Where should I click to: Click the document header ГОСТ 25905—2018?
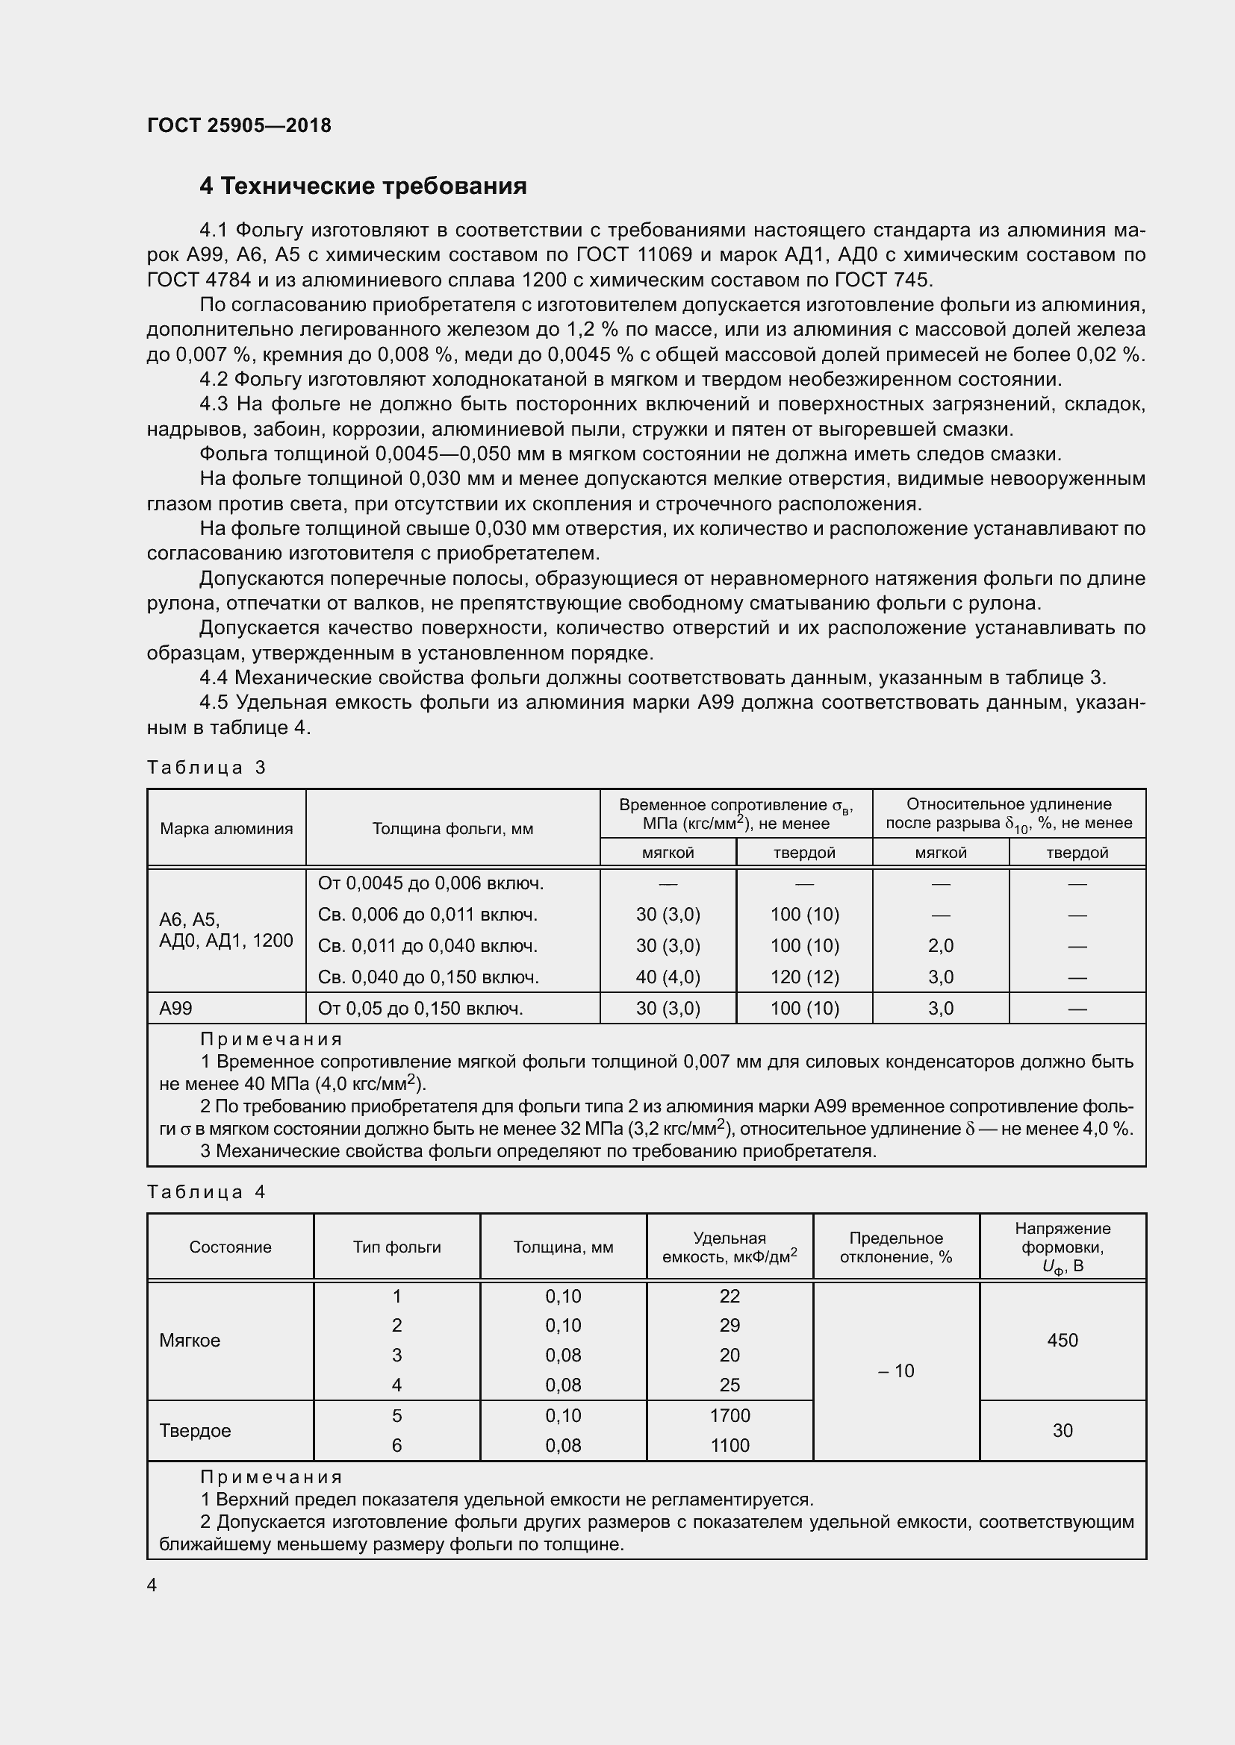[x=239, y=125]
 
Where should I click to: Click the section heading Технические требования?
[x=363, y=187]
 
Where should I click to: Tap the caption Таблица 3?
[x=206, y=767]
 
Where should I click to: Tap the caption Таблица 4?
[x=206, y=1191]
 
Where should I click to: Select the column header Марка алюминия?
[x=225, y=828]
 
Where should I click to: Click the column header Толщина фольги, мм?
[x=452, y=828]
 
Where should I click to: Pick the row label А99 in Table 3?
[x=175, y=1008]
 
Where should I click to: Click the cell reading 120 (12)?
[x=804, y=977]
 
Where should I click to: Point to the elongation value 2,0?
[x=940, y=945]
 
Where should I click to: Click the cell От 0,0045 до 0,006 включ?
[x=430, y=883]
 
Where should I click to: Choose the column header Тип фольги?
[x=396, y=1247]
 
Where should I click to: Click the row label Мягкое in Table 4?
[x=190, y=1340]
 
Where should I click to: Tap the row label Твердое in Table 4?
[x=195, y=1430]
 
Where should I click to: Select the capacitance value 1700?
[x=730, y=1415]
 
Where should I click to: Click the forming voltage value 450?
[x=1062, y=1340]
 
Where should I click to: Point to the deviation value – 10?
[x=896, y=1370]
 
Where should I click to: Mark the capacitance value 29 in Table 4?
[x=730, y=1325]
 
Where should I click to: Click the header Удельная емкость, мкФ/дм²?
[x=730, y=1247]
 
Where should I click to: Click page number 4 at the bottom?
[x=152, y=1585]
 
